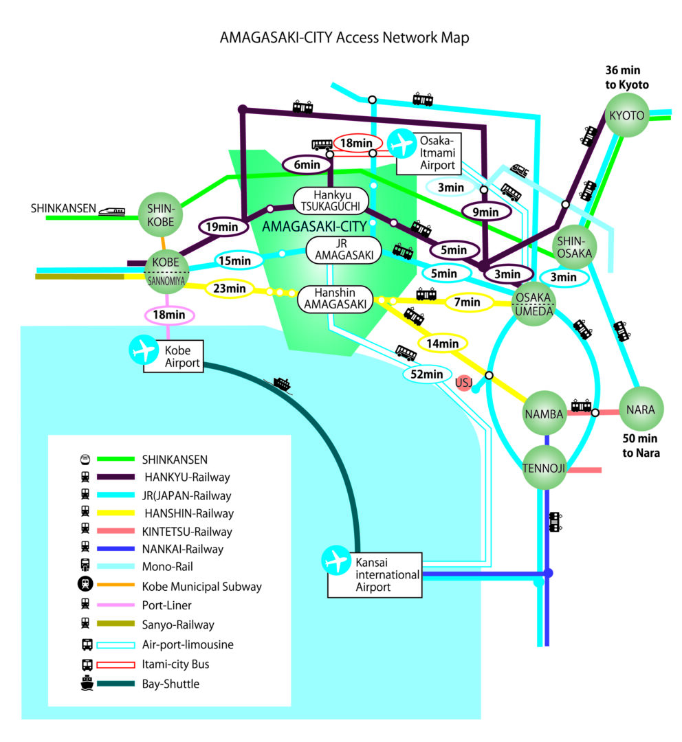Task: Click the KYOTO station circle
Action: [x=626, y=115]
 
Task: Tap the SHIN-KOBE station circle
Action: [x=160, y=216]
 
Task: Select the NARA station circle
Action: [x=641, y=410]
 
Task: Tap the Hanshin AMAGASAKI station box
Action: [x=335, y=298]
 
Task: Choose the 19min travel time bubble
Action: [x=221, y=225]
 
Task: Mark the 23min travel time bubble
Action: [x=230, y=289]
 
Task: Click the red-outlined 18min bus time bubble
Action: [x=357, y=144]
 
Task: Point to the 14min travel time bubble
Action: [x=443, y=343]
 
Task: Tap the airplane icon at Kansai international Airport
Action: [x=337, y=561]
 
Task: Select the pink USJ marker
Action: [x=464, y=383]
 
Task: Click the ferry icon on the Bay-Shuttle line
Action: [x=282, y=384]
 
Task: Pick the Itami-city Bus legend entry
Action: [x=175, y=664]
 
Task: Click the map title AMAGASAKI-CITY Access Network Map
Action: [x=344, y=38]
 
